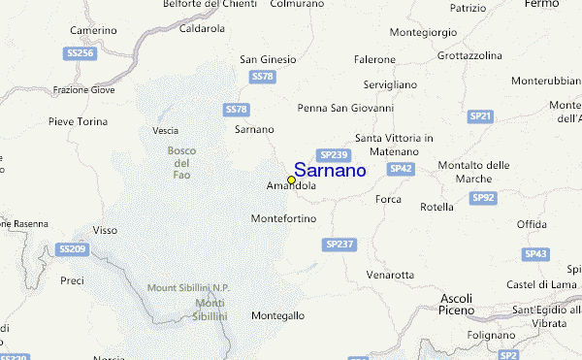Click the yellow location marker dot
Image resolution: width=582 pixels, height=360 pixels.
291,180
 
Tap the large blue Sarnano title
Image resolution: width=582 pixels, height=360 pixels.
330,170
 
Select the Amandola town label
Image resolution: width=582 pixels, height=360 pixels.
290,186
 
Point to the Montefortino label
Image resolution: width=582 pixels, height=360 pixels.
283,218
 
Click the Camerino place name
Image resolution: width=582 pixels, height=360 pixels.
93,30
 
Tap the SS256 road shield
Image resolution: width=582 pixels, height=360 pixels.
80,54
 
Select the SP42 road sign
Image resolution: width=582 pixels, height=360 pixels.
402,169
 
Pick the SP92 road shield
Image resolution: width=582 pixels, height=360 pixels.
483,198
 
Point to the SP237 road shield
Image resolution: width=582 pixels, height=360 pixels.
339,244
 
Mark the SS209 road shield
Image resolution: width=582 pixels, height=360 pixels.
72,249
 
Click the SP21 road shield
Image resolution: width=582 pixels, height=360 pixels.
480,116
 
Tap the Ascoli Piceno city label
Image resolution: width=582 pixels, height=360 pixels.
456,304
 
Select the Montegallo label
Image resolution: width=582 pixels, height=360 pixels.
277,316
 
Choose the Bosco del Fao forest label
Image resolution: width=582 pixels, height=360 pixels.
182,162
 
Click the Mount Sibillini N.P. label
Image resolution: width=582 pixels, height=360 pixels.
188,287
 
